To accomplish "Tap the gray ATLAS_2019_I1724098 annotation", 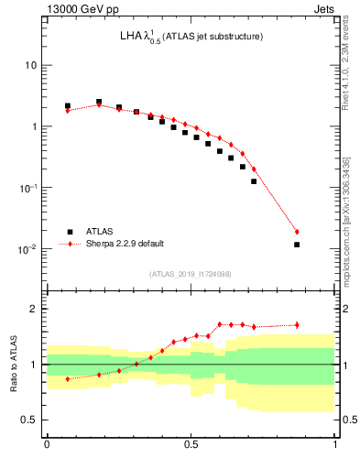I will pos(190,274).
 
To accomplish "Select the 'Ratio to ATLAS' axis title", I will pos(13,364).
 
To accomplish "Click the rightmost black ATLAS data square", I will pos(297,245).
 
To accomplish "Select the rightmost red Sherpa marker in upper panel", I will pos(297,232).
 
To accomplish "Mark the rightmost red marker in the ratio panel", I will pos(297,324).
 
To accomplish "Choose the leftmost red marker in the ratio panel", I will pos(68,378).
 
